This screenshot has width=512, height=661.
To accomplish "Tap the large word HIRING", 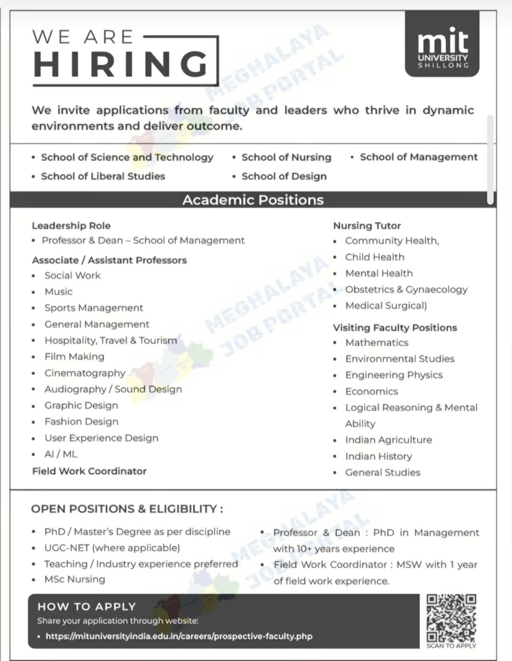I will (x=121, y=64).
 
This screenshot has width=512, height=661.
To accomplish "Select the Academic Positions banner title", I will (x=253, y=200).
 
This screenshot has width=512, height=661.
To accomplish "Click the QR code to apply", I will (x=451, y=617).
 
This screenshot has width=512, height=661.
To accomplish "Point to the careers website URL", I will (x=179, y=636).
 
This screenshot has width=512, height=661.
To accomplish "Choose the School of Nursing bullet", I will (x=286, y=157).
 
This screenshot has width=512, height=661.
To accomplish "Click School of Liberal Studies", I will (x=103, y=176).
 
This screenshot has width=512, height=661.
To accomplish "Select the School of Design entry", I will (x=284, y=176).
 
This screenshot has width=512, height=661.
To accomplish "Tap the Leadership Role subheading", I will (x=71, y=226).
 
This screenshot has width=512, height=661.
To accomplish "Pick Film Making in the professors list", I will (x=74, y=357).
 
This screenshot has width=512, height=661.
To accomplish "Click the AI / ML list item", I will (x=61, y=454).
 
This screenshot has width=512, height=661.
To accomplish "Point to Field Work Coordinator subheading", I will (x=89, y=471).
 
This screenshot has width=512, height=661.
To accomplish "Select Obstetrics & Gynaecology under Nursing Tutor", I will (x=406, y=290).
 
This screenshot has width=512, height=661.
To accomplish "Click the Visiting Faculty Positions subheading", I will (x=395, y=327).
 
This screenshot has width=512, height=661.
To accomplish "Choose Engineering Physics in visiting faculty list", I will (x=394, y=375).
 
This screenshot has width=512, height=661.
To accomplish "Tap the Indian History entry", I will (x=379, y=456).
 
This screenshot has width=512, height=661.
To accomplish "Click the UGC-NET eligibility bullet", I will (x=112, y=548).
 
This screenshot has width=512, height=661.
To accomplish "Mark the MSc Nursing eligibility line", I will (x=75, y=579).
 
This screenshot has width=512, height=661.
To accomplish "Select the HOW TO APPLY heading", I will (x=86, y=606).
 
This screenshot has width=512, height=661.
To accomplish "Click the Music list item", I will (x=58, y=292).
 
